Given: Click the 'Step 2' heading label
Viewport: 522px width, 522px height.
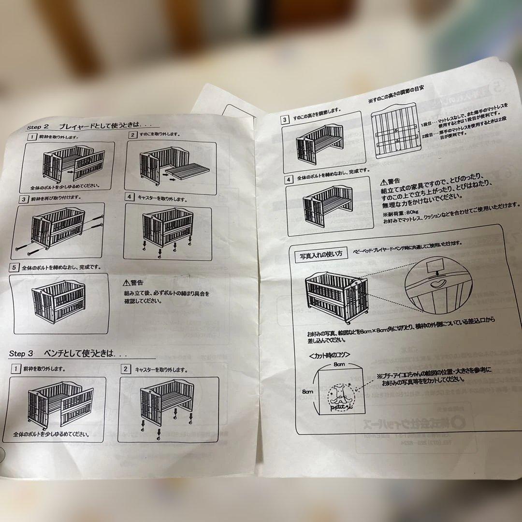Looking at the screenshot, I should pyautogui.click(x=39, y=127).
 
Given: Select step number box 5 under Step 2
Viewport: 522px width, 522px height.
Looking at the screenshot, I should pyautogui.click(x=15, y=268).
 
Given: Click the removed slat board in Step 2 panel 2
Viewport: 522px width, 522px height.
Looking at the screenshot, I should pyautogui.click(x=188, y=171).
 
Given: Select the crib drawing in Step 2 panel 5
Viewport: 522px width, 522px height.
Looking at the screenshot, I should pyautogui.click(x=58, y=303).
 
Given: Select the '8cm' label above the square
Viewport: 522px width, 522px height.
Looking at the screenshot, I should pyautogui.click(x=338, y=363).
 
